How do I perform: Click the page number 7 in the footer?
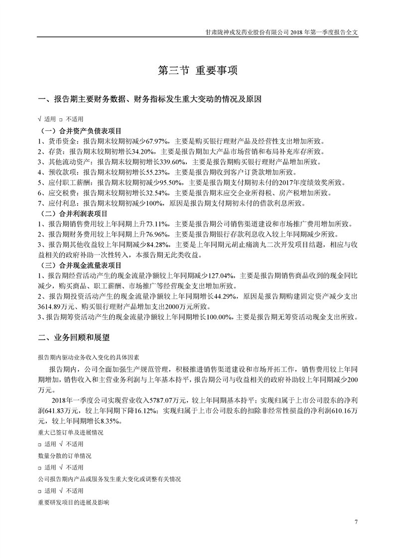(x=356, y=521)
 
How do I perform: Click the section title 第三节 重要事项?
(x=197, y=71)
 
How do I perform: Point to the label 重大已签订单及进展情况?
(x=70, y=433)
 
